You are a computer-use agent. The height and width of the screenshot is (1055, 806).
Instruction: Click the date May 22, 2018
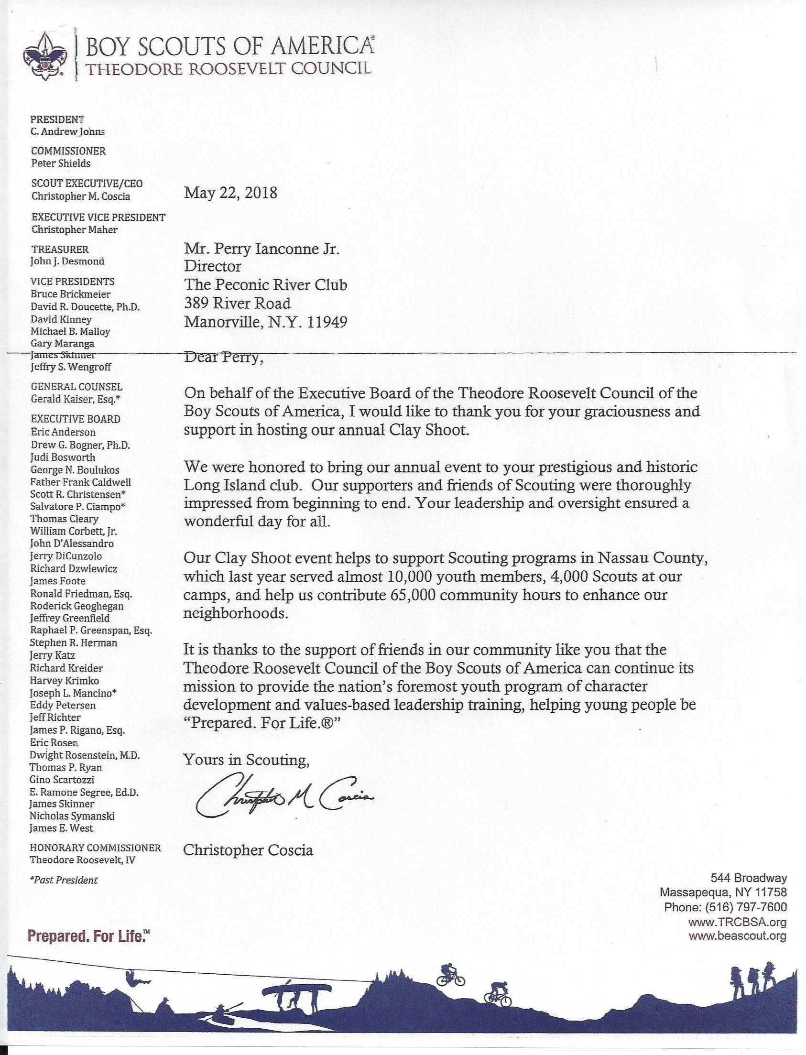231,193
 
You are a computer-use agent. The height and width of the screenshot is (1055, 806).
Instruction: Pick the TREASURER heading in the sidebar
60,249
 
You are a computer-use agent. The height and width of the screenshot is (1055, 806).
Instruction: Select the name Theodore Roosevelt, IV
82,860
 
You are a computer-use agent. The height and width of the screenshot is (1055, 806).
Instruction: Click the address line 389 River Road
238,303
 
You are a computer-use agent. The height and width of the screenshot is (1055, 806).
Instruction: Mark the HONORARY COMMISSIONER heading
95,848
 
